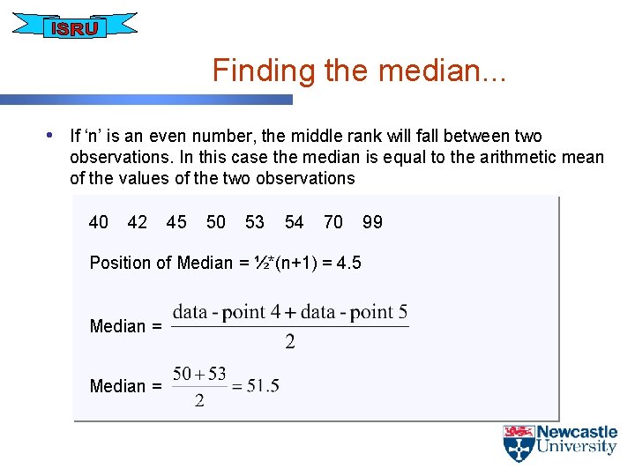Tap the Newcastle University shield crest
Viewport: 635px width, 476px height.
coord(519,443)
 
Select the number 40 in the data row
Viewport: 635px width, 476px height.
coord(99,222)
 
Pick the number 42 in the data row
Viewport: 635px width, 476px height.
coord(138,222)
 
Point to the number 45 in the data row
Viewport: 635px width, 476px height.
coord(176,222)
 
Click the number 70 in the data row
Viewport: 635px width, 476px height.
coord(333,222)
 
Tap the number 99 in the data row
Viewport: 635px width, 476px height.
coord(372,222)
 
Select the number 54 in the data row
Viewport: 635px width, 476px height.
coord(295,222)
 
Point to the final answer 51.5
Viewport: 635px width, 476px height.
coord(264,385)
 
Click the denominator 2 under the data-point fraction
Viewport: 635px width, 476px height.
coord(289,343)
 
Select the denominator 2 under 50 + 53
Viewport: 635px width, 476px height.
coord(199,401)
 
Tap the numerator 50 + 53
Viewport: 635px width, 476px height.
coord(199,374)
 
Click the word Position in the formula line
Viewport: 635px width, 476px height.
coord(121,263)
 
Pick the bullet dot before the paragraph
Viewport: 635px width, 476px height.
coord(50,136)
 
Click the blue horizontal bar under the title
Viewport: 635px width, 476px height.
coord(146,100)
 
